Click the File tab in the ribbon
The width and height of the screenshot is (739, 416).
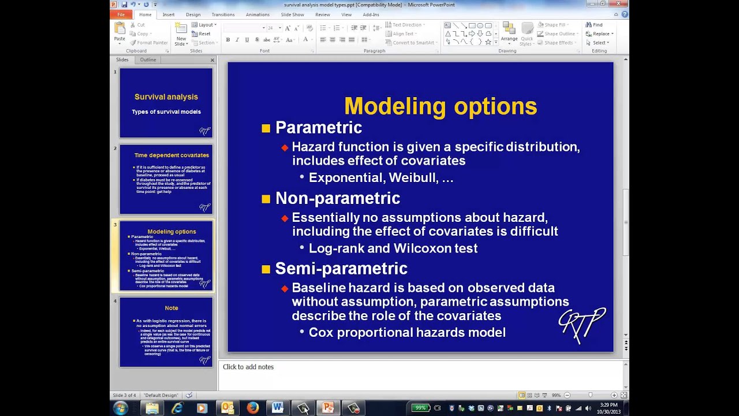pos(121,14)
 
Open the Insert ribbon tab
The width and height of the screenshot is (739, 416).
pos(169,14)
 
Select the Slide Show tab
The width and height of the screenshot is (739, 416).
pos(292,14)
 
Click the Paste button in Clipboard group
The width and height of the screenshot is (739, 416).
pos(120,33)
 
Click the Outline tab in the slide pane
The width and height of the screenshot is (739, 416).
pos(148,60)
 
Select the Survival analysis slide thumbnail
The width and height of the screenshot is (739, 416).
pos(166,103)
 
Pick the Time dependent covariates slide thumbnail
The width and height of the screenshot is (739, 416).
pos(166,179)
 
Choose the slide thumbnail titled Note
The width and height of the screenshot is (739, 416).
pos(166,332)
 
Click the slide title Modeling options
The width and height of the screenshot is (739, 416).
pos(440,106)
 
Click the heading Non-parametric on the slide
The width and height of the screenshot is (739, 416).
pos(337,198)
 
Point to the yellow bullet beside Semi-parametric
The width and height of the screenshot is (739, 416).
pos(266,269)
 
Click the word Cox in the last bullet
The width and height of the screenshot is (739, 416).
pos(320,333)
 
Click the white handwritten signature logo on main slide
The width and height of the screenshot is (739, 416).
pos(582,324)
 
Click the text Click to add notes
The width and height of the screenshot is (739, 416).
pos(248,367)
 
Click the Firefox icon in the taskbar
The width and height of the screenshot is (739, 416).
pos(252,408)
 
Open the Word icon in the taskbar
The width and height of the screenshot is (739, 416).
pos(278,408)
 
